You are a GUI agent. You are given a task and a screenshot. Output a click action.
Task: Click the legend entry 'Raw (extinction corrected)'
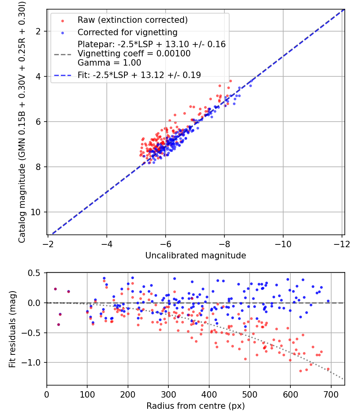tap(132, 20)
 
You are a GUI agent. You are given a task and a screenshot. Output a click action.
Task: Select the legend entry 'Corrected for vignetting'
tap(128, 32)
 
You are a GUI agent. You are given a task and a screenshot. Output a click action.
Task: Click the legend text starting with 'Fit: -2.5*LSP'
tap(139, 75)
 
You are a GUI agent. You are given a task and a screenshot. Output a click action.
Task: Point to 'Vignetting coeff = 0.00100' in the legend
tap(134, 54)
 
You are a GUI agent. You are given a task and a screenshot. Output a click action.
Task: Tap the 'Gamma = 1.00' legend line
tap(109, 63)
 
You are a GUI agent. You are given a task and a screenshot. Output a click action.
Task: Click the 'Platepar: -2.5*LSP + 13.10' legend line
tap(152, 44)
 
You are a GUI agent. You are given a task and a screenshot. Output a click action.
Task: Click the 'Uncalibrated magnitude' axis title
tap(196, 256)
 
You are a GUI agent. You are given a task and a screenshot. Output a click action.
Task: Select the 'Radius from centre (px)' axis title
tap(196, 406)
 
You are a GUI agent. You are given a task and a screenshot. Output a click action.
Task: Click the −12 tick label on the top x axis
tap(342, 244)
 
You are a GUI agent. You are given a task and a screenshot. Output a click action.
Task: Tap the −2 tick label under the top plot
tap(48, 244)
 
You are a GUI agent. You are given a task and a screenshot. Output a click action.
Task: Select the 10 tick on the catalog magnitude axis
tap(35, 212)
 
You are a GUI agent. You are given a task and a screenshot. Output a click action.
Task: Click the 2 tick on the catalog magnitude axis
tap(38, 32)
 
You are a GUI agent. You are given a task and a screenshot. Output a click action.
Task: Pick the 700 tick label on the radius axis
tap(331, 395)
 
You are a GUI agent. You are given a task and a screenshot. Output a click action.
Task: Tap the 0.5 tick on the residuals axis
tap(34, 273)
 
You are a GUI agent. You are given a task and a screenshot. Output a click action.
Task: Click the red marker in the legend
tap(63, 21)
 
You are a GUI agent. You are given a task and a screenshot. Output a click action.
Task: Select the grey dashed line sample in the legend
tap(63, 54)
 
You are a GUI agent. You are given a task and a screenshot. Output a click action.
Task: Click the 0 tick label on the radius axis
tap(47, 395)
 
